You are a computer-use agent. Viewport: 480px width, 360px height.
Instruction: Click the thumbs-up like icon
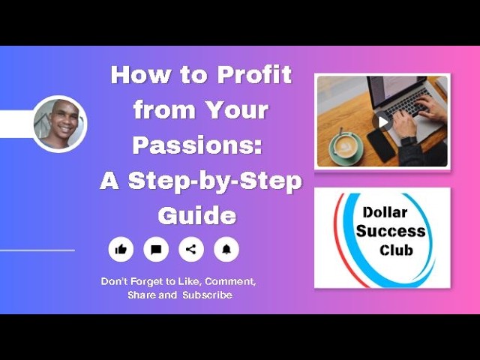121,249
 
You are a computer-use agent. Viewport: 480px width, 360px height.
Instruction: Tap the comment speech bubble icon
156,249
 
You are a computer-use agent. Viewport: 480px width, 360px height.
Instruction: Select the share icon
191,249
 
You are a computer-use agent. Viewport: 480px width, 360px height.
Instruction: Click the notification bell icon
226,249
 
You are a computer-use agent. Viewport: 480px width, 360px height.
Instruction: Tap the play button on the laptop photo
382,121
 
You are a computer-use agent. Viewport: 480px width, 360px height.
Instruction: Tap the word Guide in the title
197,216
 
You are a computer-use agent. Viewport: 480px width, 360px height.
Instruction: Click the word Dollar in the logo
385,213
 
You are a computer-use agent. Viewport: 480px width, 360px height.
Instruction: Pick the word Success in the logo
390,231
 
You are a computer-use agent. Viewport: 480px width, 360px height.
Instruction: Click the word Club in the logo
395,250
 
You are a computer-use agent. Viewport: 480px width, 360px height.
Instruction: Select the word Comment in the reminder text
229,281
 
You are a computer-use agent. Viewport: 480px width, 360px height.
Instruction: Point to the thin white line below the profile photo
37,250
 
